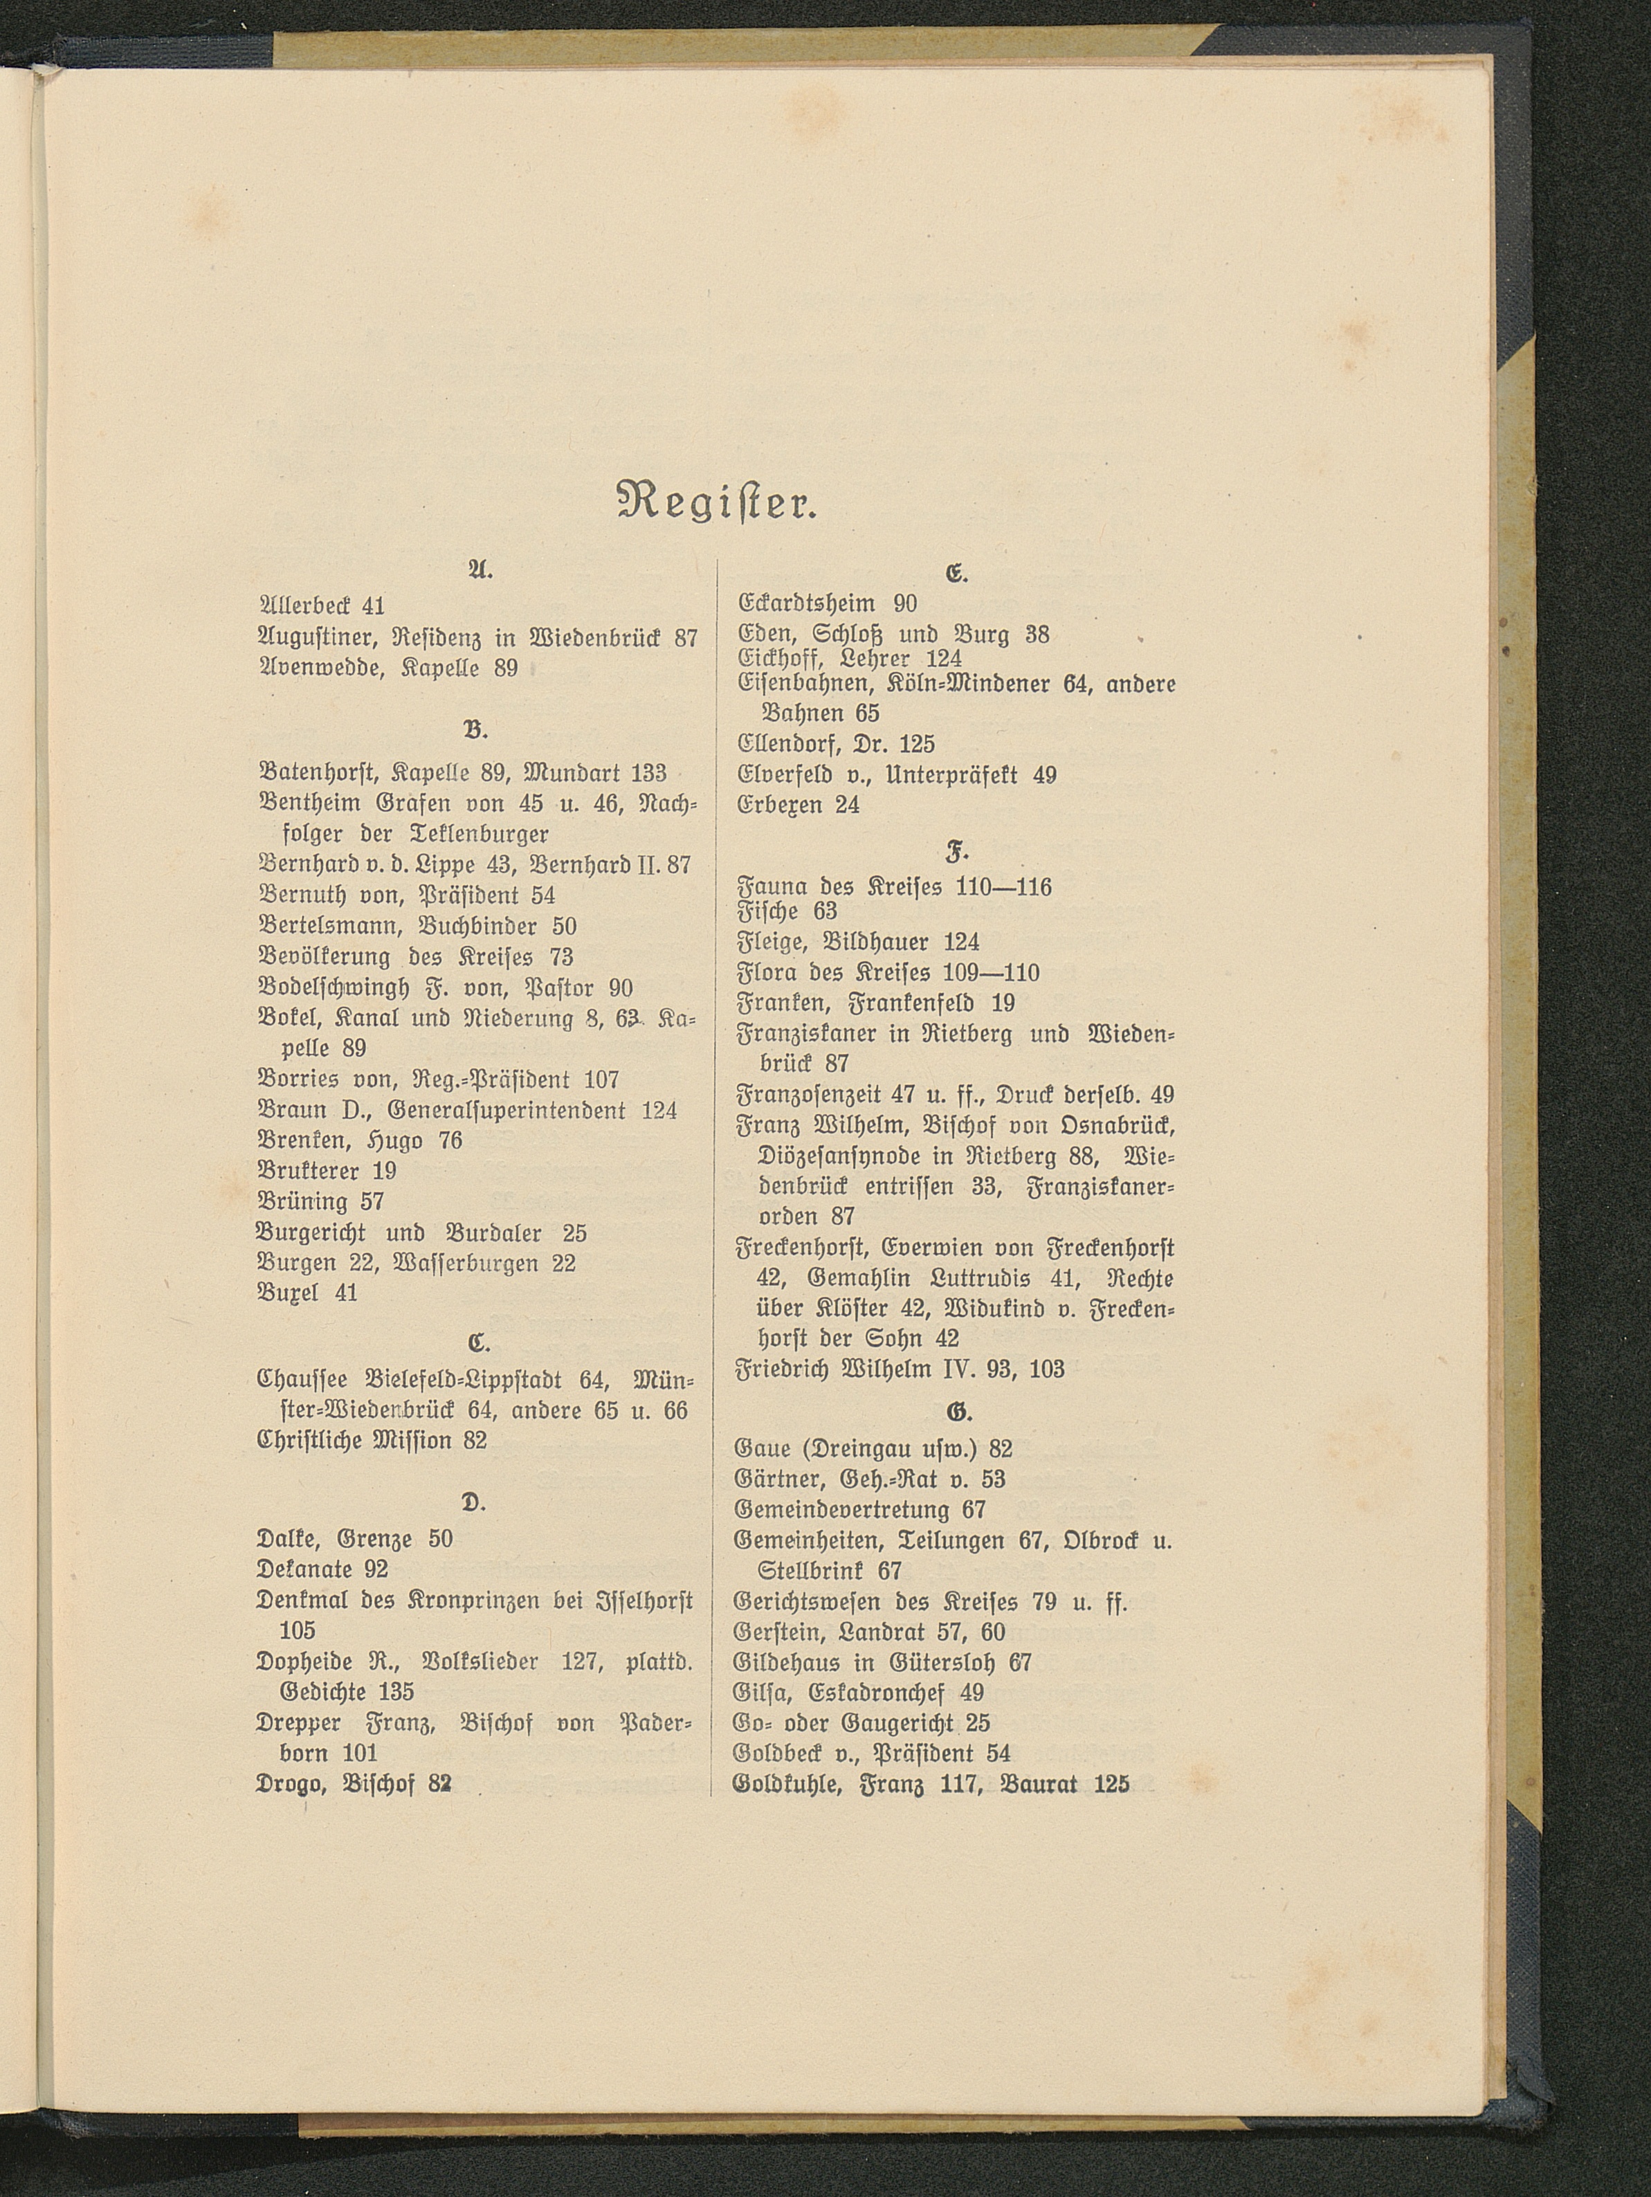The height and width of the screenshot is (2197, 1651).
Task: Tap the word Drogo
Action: click(x=291, y=1783)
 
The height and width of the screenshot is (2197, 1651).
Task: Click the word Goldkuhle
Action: click(x=787, y=1784)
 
